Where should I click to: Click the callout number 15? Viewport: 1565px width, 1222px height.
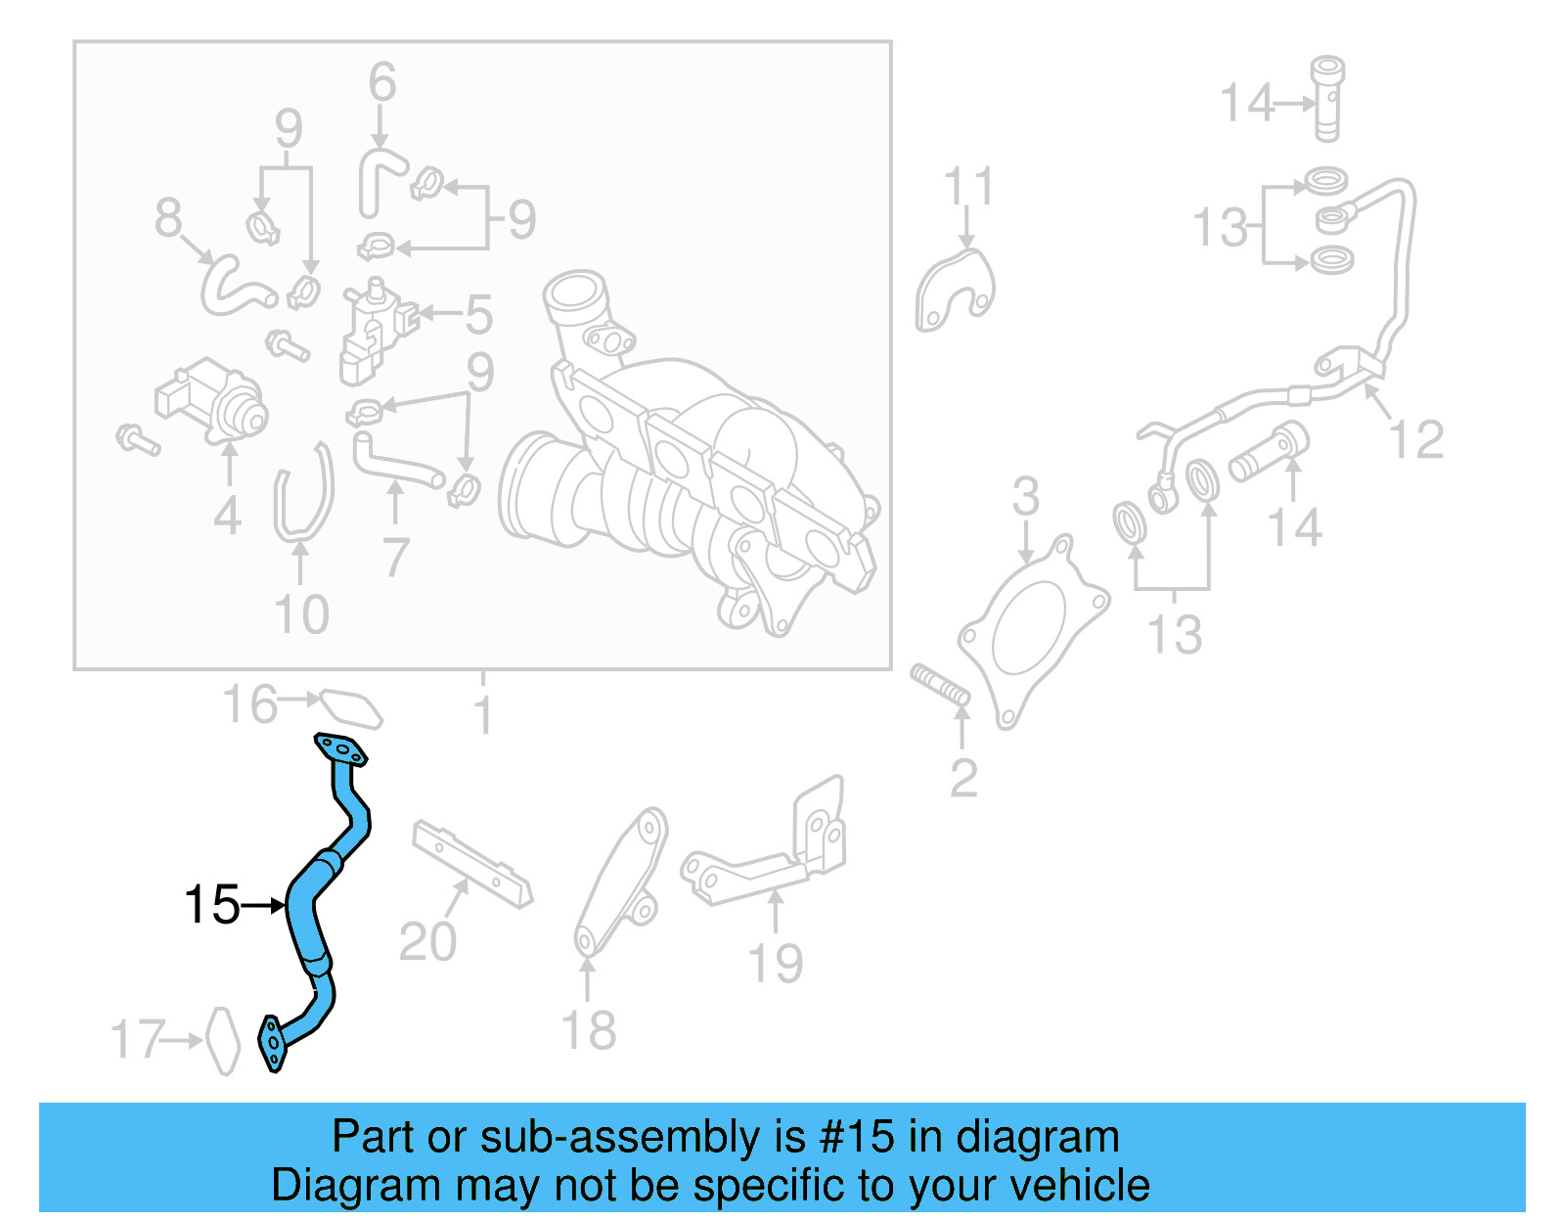pyautogui.click(x=211, y=905)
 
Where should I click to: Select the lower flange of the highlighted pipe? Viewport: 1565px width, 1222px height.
pyautogui.click(x=272, y=1044)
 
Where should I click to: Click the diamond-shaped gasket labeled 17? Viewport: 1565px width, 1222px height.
pyautogui.click(x=223, y=1041)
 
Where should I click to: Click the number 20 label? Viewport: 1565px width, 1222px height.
pyautogui.click(x=427, y=942)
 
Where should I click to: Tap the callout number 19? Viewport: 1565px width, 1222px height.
pyautogui.click(x=775, y=964)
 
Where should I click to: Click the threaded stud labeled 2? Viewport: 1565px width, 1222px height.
pyautogui.click(x=940, y=685)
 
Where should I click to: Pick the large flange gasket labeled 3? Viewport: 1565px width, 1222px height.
pyautogui.click(x=1033, y=631)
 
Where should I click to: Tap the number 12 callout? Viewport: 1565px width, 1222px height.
pyautogui.click(x=1416, y=440)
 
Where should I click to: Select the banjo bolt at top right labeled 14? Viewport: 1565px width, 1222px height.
pyautogui.click(x=1327, y=98)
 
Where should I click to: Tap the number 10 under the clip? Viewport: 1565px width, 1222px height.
pyautogui.click(x=301, y=615)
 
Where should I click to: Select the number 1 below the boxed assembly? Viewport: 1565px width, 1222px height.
pyautogui.click(x=483, y=716)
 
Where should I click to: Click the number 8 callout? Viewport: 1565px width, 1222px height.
pyautogui.click(x=168, y=217)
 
